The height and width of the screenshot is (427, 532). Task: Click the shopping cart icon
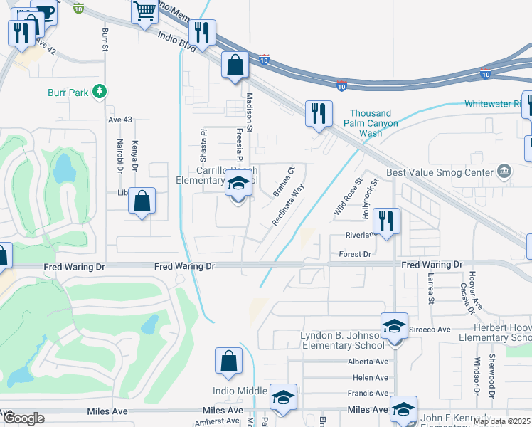[144, 11]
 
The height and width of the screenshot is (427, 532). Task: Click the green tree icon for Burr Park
[100, 92]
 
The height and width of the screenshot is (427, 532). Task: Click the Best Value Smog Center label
[439, 172]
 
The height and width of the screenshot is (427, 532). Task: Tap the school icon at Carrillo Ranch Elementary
[238, 184]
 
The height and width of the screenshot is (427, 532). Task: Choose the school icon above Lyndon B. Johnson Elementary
[394, 327]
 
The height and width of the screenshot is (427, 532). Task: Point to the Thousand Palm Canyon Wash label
[371, 123]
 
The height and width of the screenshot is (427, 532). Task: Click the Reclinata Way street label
[288, 205]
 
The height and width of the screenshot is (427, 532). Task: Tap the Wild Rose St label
[348, 198]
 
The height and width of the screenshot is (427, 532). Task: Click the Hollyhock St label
[368, 199]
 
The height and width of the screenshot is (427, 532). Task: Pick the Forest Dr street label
[356, 254]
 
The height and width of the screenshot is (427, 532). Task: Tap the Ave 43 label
[119, 120]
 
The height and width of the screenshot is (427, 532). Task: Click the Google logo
[23, 418]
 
